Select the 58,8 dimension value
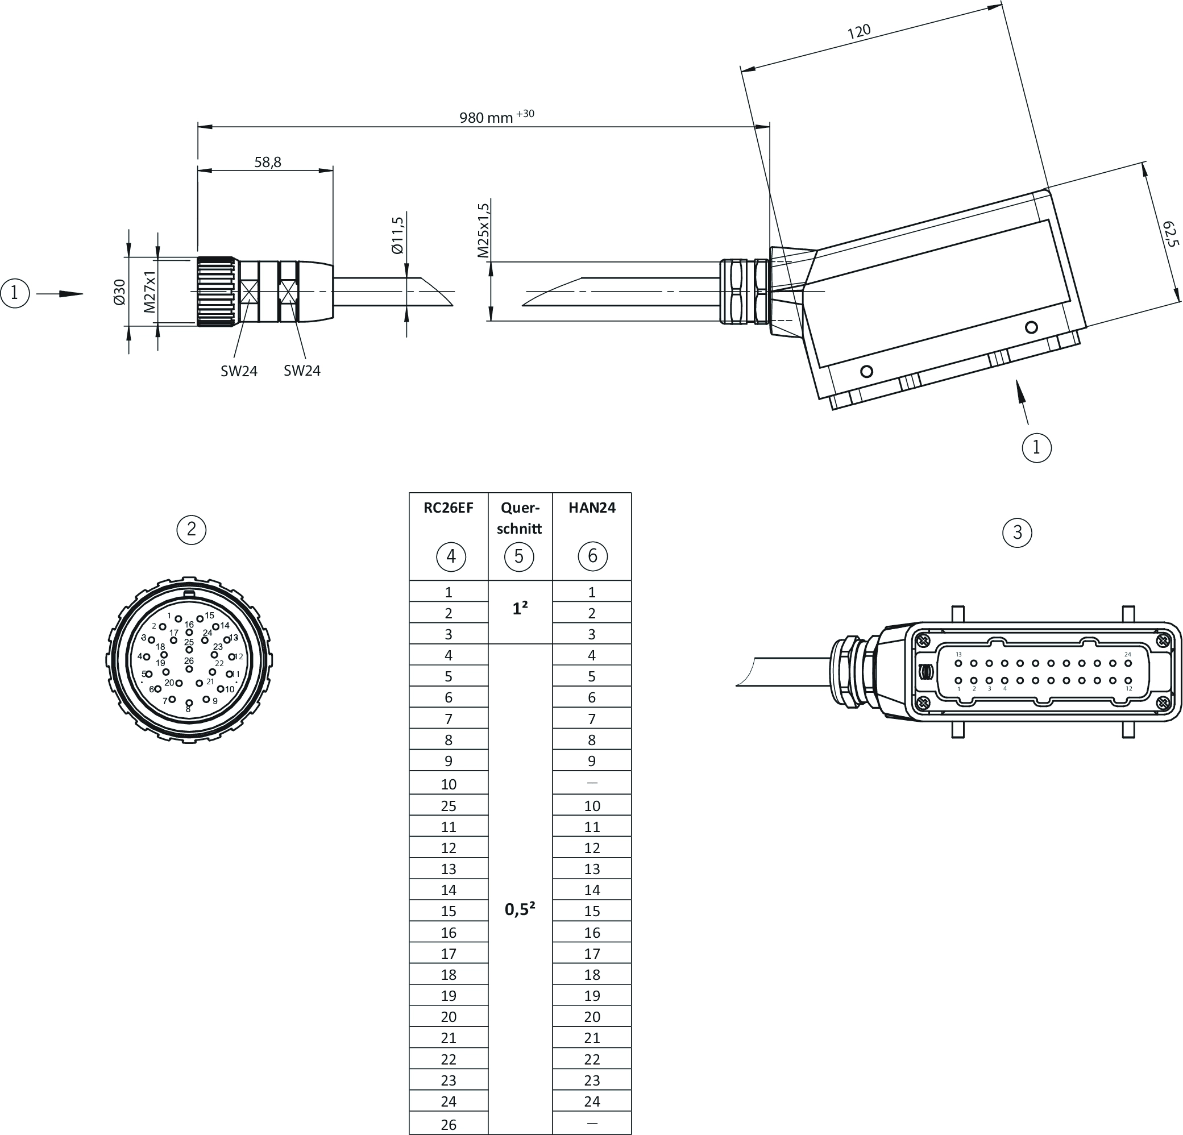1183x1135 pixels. pyautogui.click(x=267, y=162)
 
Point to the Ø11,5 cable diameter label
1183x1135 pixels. pyautogui.click(x=397, y=235)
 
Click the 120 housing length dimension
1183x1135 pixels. pyautogui.click(x=859, y=31)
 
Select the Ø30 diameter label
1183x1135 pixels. pyautogui.click(x=119, y=292)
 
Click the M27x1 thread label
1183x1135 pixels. pyautogui.click(x=149, y=292)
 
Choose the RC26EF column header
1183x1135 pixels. pyautogui.click(x=449, y=508)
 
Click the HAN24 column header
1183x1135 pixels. pyautogui.click(x=592, y=508)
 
